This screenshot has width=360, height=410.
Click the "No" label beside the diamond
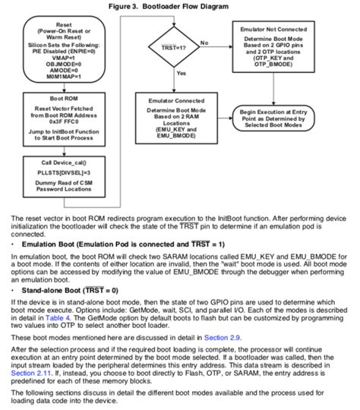pyautogui.click(x=204, y=42)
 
